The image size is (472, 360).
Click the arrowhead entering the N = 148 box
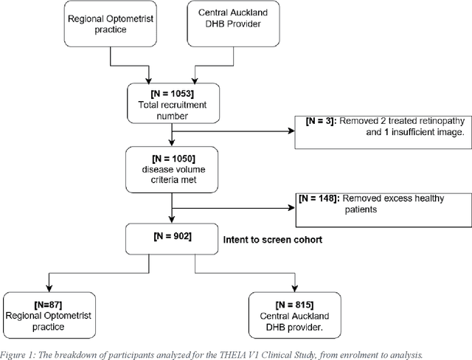pos(291,209)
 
